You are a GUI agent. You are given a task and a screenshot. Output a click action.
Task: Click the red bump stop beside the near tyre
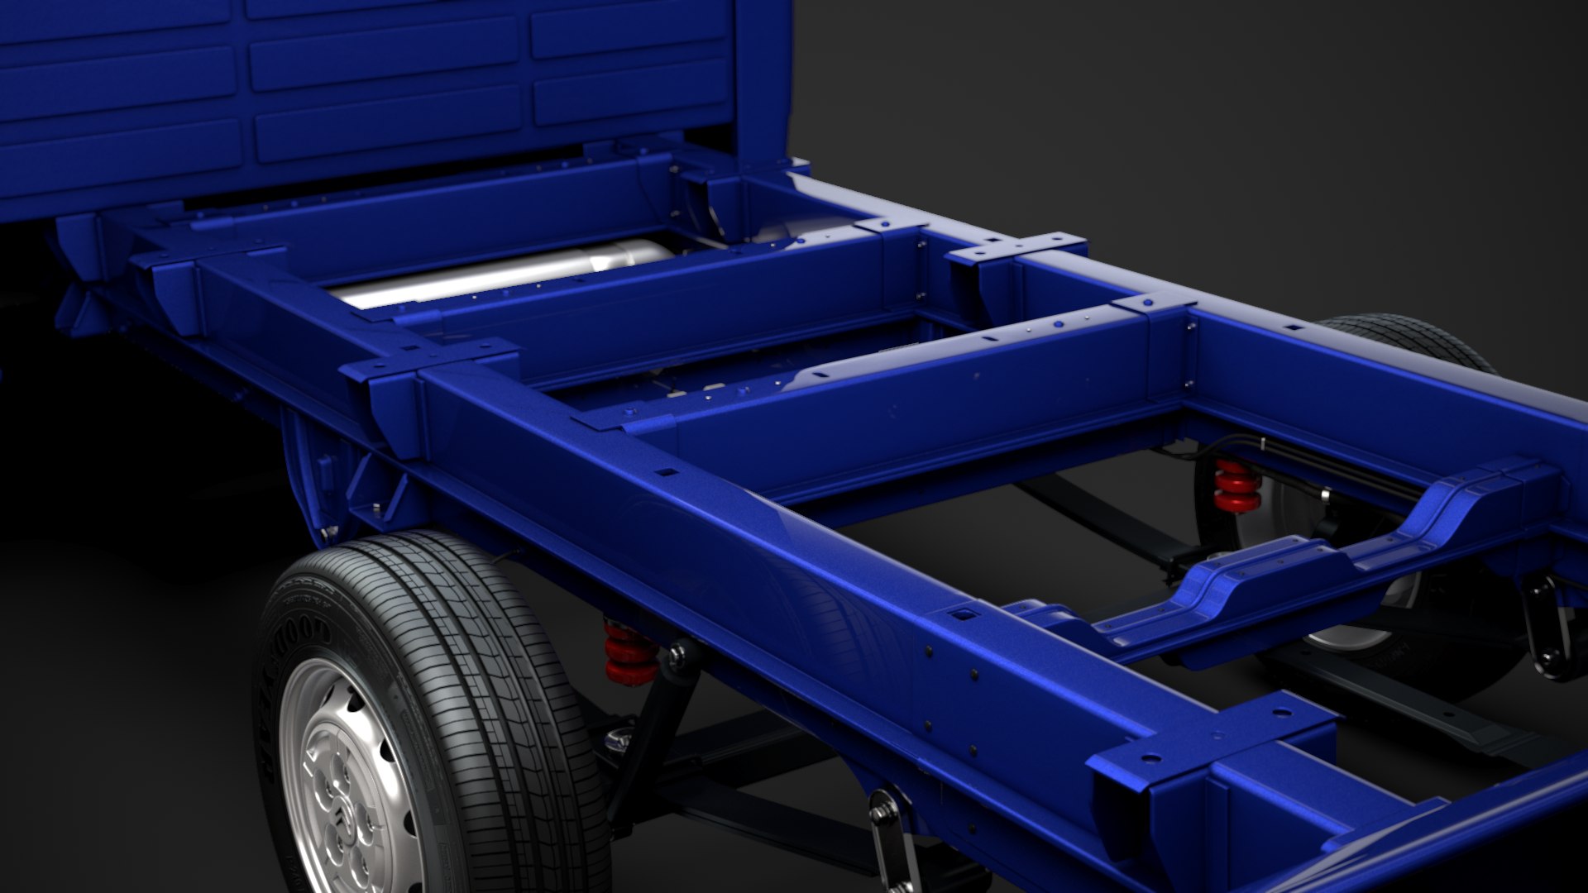click(630, 653)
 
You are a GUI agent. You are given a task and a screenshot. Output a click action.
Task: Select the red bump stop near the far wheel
click(1237, 488)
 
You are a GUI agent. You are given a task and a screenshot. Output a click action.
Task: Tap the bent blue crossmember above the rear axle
click(1290, 571)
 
